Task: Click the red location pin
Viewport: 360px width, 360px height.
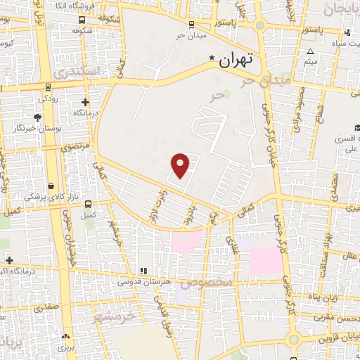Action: coord(181,165)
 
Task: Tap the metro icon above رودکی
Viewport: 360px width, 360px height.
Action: coord(48,88)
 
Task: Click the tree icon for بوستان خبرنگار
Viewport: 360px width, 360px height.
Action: coord(35,116)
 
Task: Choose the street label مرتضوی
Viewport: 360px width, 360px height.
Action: coord(76,147)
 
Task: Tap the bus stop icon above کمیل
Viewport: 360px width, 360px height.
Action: coord(88,204)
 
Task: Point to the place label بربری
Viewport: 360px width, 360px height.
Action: coord(65,347)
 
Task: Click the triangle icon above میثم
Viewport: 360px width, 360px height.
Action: coord(311,51)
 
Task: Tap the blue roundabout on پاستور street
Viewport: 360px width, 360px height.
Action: coord(261,26)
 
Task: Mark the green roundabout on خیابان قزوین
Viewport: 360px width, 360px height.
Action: coord(293,340)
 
